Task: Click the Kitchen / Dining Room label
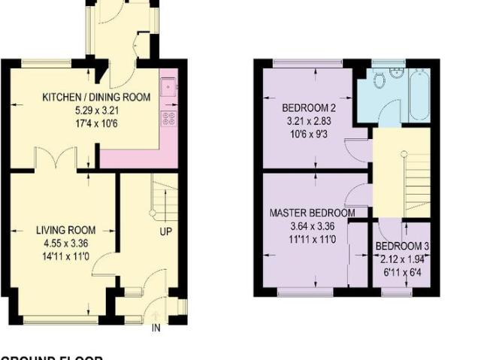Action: coord(95,97)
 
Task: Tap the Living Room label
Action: coord(63,230)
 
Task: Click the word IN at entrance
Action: coord(156,328)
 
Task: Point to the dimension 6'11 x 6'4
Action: coord(402,272)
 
